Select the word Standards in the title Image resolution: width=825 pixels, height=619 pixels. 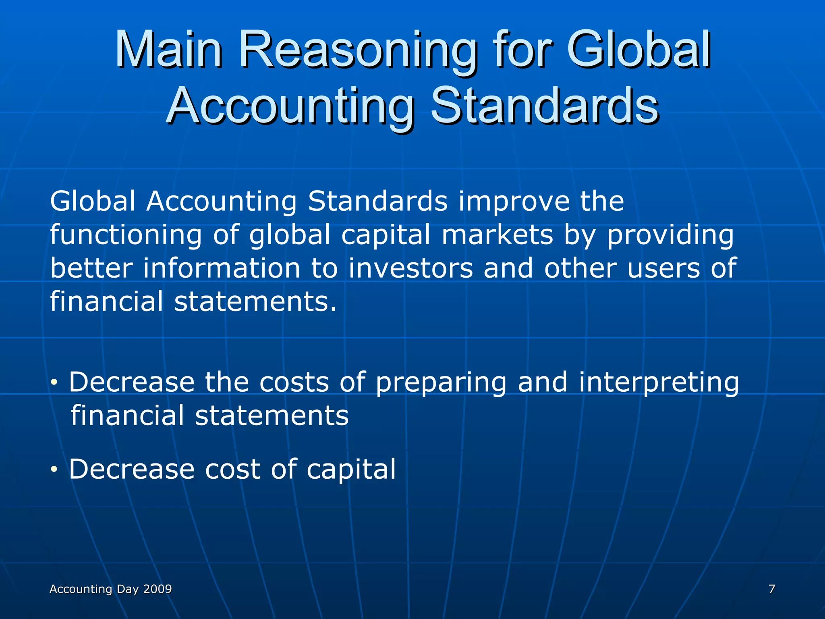(545, 107)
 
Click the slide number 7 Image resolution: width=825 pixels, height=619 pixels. (772, 589)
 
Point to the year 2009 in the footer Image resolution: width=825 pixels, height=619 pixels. (158, 589)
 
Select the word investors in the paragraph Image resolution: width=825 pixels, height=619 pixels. (410, 268)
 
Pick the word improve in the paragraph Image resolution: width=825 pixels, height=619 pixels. (514, 201)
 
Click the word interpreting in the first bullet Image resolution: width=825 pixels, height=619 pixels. (659, 382)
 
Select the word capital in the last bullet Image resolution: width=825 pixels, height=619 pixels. (351, 469)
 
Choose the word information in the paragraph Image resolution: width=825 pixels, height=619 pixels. (222, 268)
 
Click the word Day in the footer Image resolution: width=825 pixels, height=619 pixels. (127, 589)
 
